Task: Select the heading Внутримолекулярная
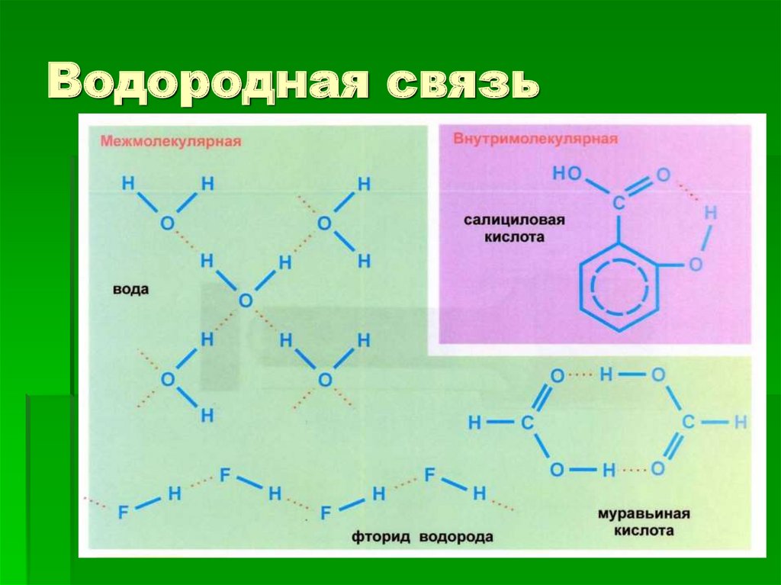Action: click(535, 140)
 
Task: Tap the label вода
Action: click(130, 290)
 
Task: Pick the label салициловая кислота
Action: click(515, 228)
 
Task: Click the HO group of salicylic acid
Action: click(567, 173)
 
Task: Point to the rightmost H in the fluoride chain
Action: click(479, 494)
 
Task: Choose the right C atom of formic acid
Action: click(688, 422)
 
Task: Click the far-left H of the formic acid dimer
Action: click(474, 422)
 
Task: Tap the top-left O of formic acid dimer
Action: click(558, 375)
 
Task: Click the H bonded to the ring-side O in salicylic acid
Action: click(710, 213)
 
